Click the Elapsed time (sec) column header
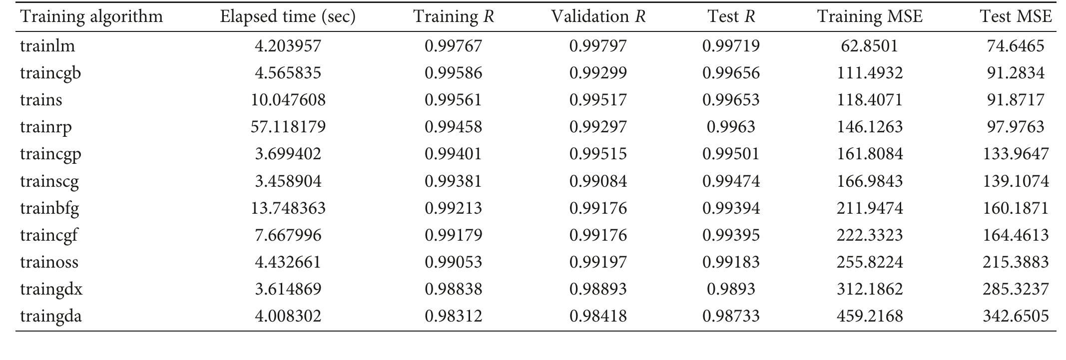288,17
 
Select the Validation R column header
598,17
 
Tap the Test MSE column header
1016,17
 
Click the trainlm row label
47,46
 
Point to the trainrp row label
46,127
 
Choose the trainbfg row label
49,208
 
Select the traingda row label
51,316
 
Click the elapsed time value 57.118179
288,127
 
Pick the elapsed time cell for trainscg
288,181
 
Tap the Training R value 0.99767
453,46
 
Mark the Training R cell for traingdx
453,289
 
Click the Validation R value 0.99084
598,181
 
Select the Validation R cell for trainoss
598,262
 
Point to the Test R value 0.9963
731,127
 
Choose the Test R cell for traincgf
731,235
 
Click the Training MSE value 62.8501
870,46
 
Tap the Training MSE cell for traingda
870,316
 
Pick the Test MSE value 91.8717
1016,100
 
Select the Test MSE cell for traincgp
1016,154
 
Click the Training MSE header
870,17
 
